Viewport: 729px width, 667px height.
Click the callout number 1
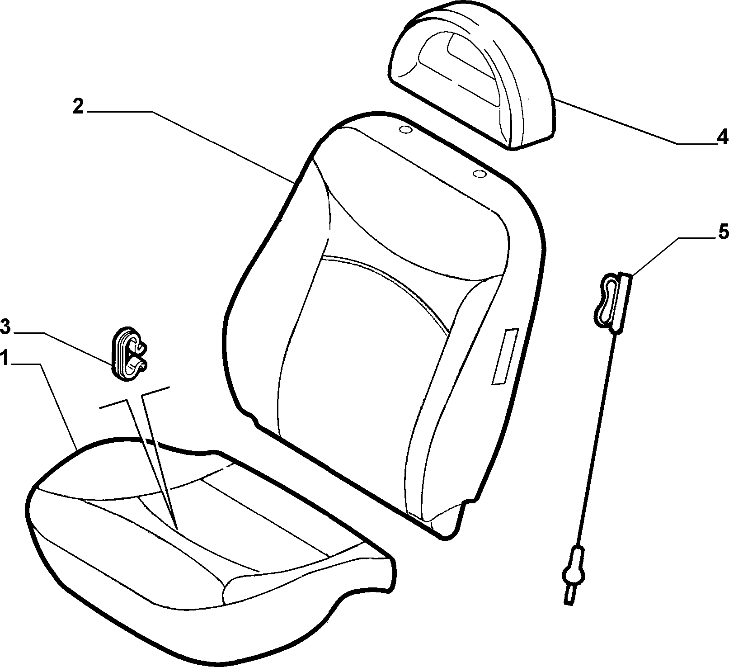point(5,359)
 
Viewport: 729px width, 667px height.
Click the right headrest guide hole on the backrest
point(479,174)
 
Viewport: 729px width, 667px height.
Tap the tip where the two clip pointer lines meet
point(177,529)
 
